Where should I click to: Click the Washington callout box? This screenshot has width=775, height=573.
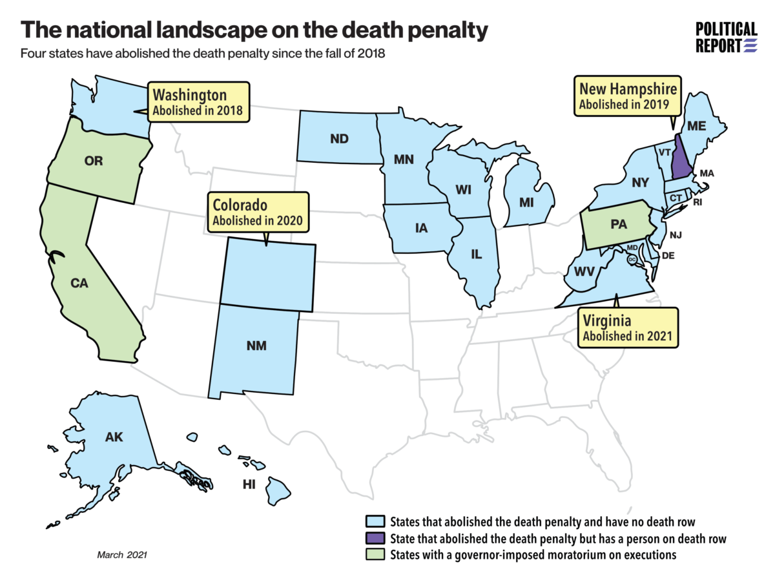[198, 102]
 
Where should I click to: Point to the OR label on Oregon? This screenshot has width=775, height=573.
[94, 161]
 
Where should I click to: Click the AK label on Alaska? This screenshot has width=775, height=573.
[114, 437]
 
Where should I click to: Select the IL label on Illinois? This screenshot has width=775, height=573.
[476, 254]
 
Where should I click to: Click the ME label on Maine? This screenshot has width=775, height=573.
[696, 127]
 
